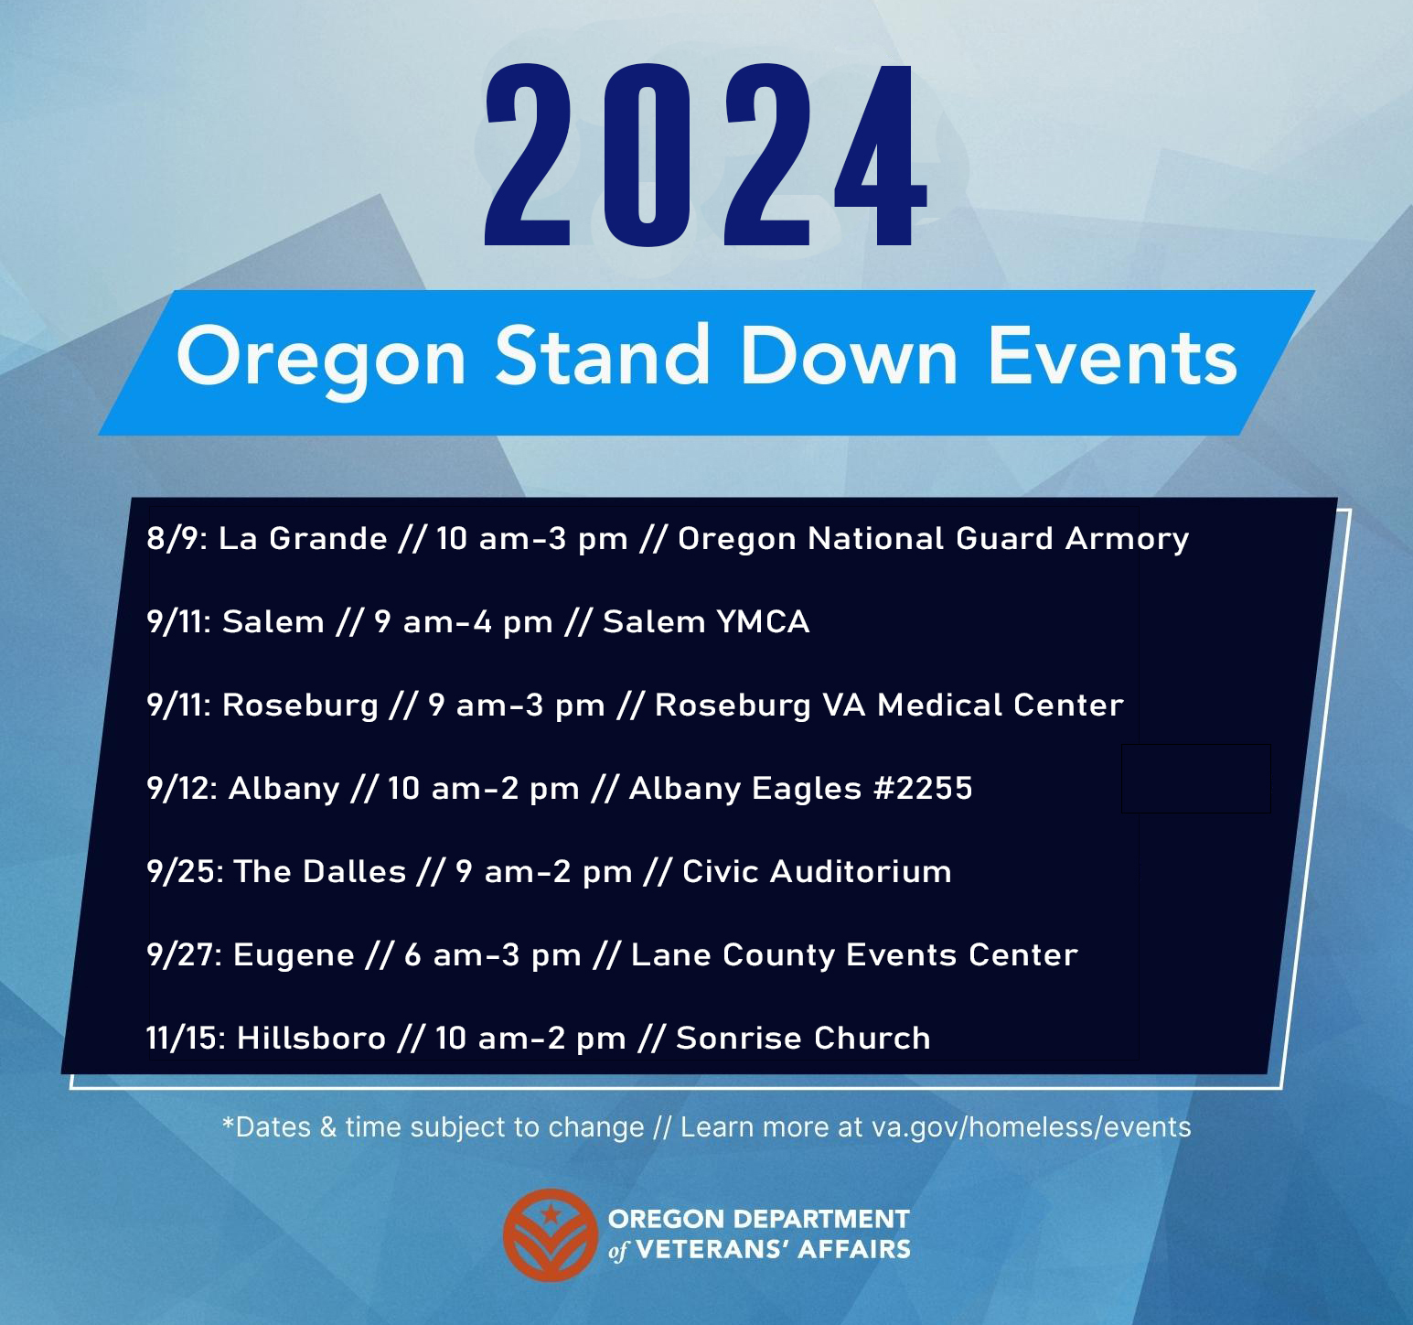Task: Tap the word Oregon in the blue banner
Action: (x=321, y=358)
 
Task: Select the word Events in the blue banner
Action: (x=1111, y=356)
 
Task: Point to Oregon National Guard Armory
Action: (x=933, y=538)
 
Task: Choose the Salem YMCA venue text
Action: (x=706, y=622)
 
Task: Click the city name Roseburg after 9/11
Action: (x=300, y=706)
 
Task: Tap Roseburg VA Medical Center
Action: (x=889, y=706)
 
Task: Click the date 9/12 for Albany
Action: (x=181, y=789)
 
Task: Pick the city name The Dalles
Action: (x=319, y=872)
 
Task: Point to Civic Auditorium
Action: (x=817, y=872)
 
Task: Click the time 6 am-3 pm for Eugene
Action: (x=493, y=955)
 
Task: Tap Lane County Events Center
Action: (x=854, y=955)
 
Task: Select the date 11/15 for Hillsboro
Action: (x=185, y=1039)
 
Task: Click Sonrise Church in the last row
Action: (x=803, y=1039)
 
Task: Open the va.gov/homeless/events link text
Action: (x=1031, y=1126)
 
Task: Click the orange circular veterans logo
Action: (x=550, y=1234)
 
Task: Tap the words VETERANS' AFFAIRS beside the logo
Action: (x=773, y=1250)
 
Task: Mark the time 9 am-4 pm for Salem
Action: (x=464, y=622)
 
